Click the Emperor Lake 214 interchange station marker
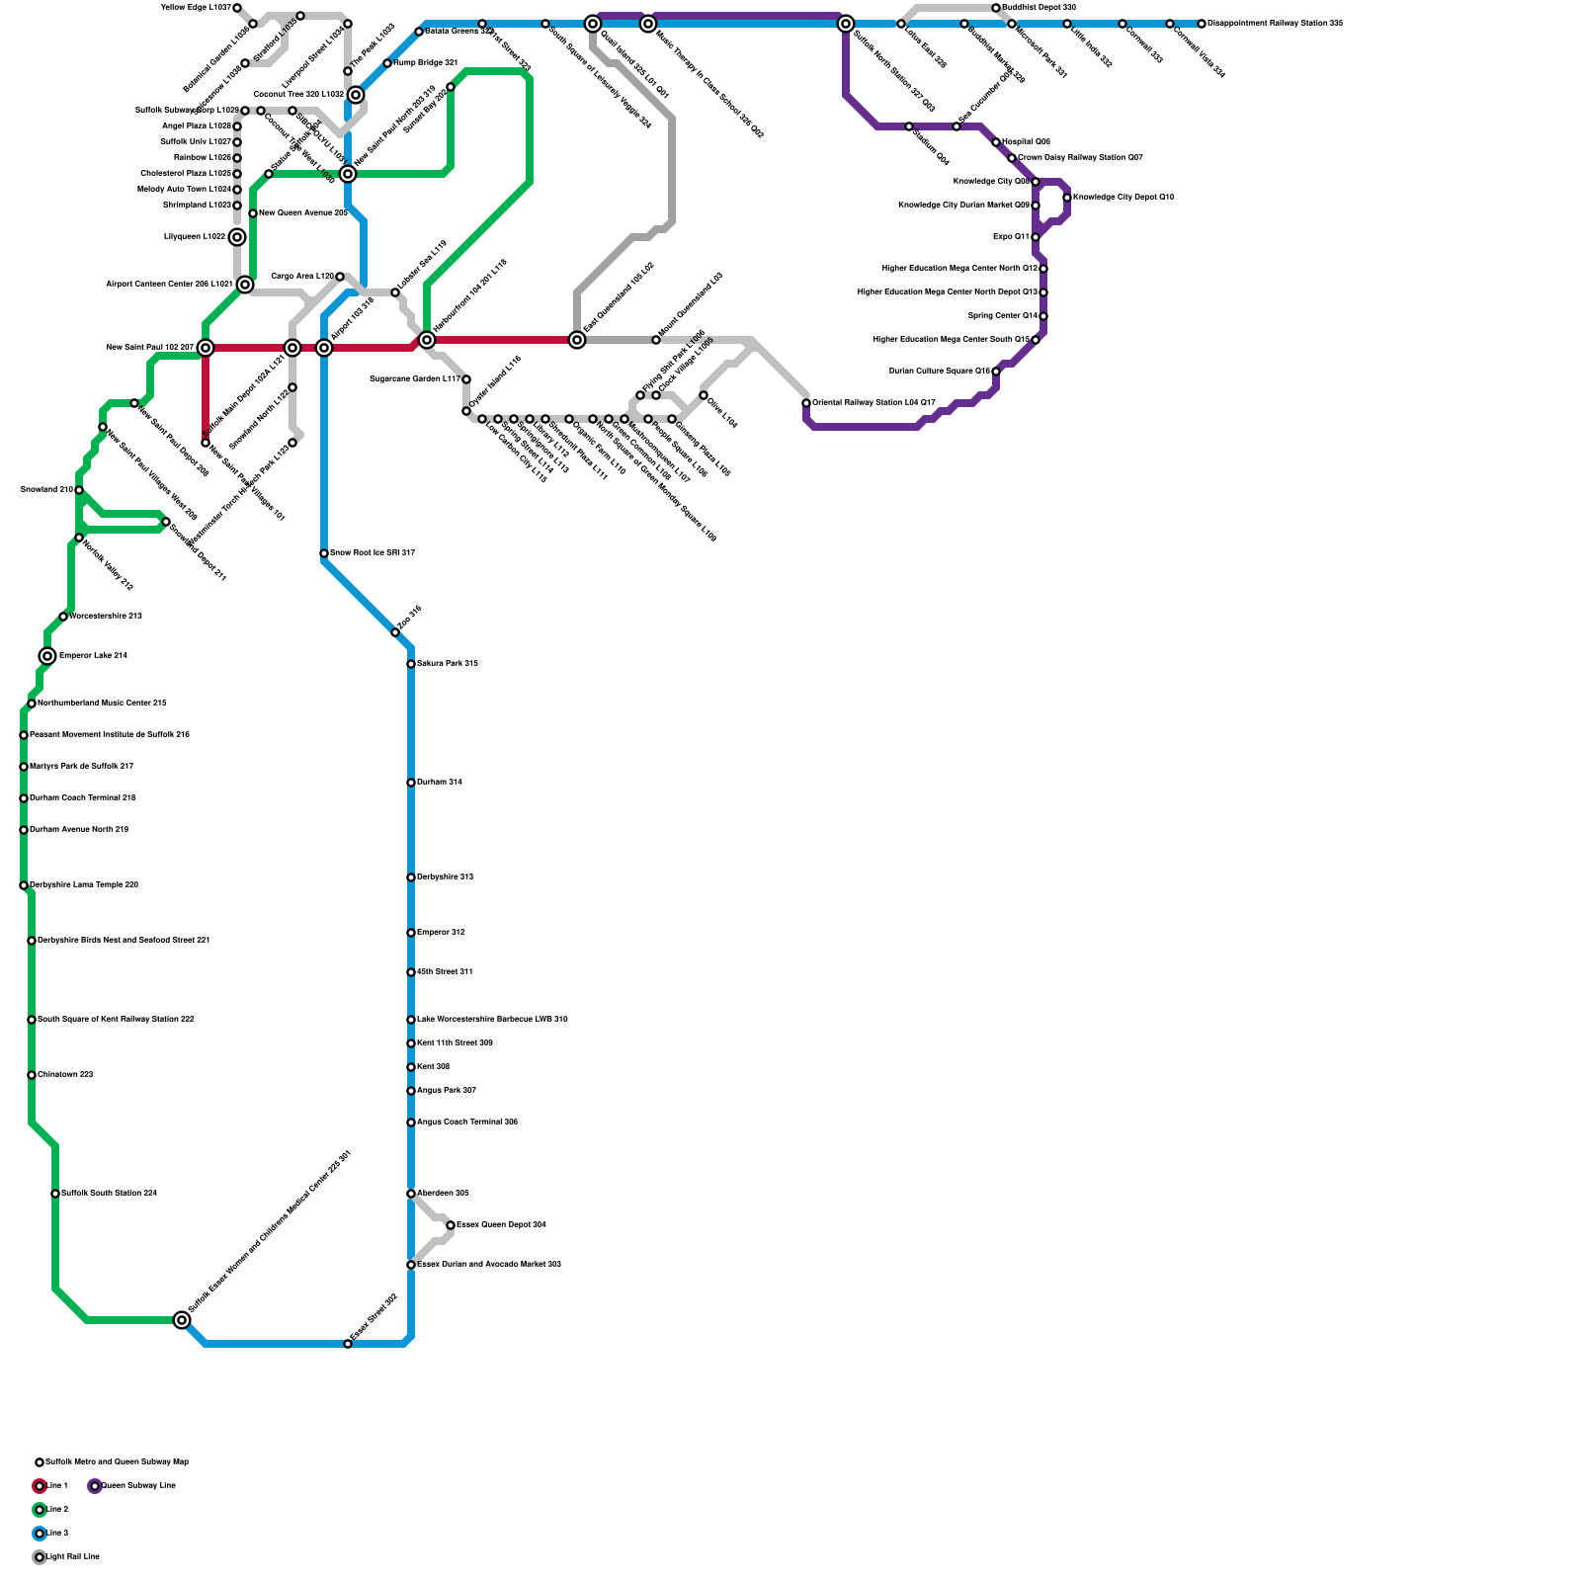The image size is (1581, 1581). point(47,656)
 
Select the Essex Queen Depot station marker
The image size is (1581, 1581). point(451,1225)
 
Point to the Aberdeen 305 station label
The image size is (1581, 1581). point(442,1194)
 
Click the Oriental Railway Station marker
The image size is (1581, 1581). point(806,403)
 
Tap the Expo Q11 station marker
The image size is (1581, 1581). point(1036,237)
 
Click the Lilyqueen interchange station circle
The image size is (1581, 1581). point(237,237)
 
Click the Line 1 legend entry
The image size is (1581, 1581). point(57,1486)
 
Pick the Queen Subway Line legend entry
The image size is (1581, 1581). point(137,1486)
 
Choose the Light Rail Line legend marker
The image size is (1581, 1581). point(40,1557)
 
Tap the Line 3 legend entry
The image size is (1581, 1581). point(57,1534)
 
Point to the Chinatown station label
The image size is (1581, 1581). point(65,1075)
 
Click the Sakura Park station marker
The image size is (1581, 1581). point(411,664)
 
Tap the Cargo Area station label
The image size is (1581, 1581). point(301,277)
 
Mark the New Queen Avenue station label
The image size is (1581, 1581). point(302,213)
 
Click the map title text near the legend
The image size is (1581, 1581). point(117,1462)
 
